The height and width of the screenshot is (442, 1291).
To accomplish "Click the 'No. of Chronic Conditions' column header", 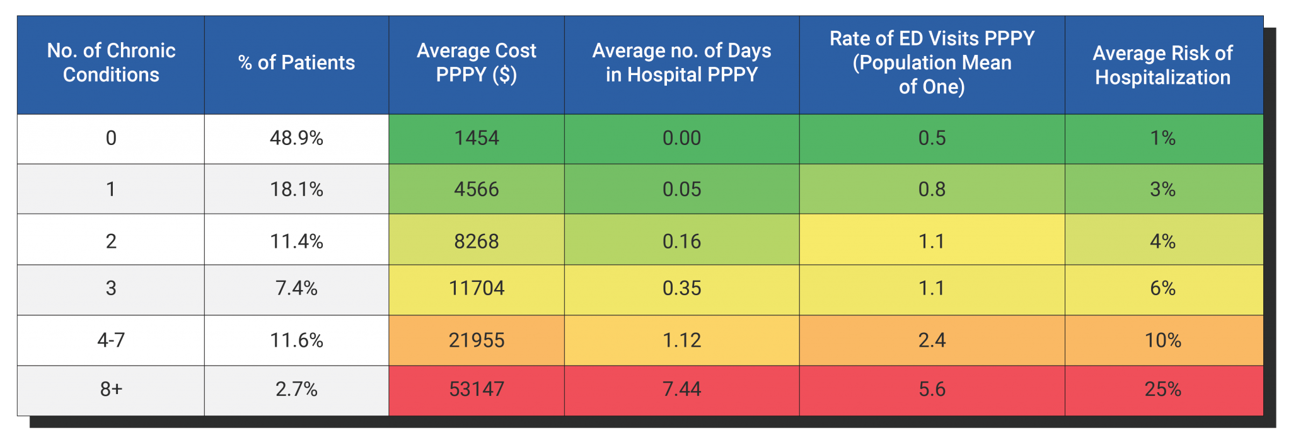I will (111, 62).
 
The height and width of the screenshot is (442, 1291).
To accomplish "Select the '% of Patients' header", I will (296, 62).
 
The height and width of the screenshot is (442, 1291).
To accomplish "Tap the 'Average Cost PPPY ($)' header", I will (477, 62).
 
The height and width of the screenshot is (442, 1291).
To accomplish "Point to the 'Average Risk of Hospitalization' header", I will (1163, 65).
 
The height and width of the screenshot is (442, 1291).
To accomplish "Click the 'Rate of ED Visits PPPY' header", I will (932, 62).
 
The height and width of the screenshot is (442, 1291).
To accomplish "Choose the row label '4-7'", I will (111, 340).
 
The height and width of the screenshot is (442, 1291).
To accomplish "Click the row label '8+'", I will (111, 389).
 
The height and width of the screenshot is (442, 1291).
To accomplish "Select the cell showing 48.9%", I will (296, 138).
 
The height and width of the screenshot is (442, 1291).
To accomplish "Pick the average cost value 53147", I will (477, 389).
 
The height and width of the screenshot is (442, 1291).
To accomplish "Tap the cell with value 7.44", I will (681, 389).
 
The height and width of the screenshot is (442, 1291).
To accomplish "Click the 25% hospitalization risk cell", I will (1163, 389).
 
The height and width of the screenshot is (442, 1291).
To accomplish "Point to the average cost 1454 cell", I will (477, 138).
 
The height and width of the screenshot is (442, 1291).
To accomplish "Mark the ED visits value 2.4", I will (932, 340).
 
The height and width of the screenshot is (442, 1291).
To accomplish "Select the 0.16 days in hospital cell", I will (681, 241).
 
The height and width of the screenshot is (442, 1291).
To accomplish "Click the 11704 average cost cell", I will (477, 288).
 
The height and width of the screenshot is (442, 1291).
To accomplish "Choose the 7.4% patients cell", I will (296, 288).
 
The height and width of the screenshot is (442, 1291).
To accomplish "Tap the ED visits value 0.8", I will (932, 189).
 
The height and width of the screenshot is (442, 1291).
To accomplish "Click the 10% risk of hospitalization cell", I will (1163, 340).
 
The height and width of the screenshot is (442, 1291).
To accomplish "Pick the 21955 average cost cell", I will (477, 340).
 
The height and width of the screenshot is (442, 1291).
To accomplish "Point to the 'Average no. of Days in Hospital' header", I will (681, 62).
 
